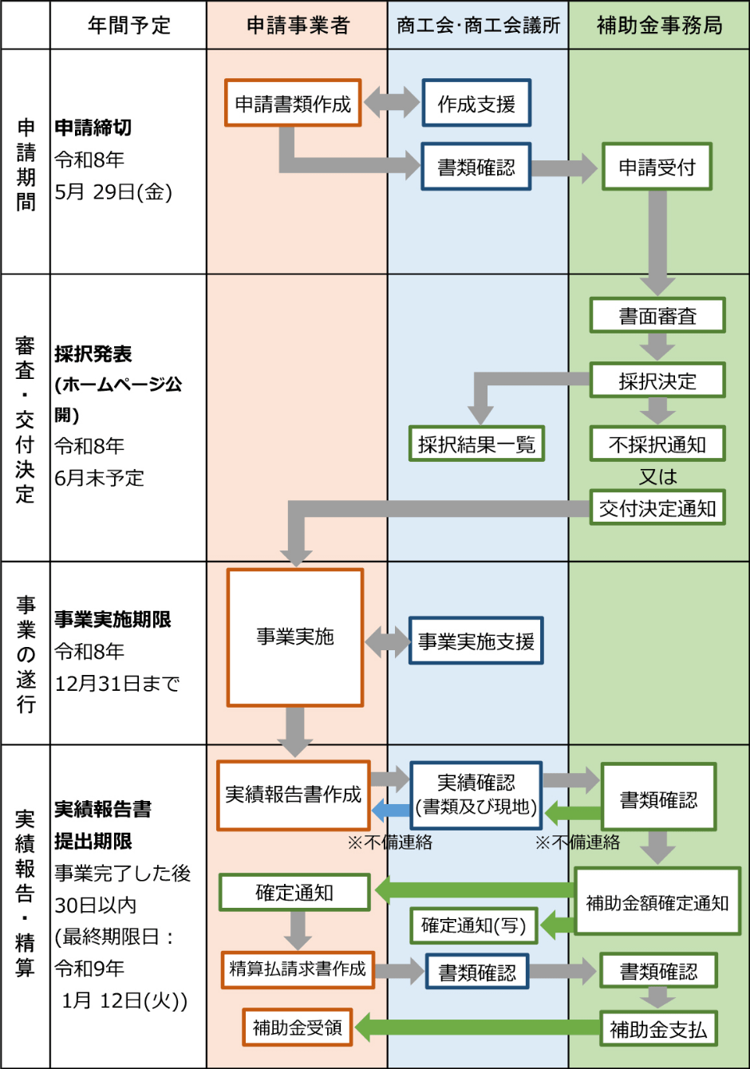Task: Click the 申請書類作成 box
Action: pyautogui.click(x=293, y=103)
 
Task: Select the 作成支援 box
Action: pyautogui.click(x=476, y=103)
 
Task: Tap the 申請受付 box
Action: pyautogui.click(x=657, y=167)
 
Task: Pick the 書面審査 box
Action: pyautogui.click(x=657, y=316)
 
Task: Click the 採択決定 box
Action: pyautogui.click(x=657, y=381)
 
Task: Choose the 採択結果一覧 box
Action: pyautogui.click(x=476, y=444)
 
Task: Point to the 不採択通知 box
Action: pyautogui.click(x=657, y=444)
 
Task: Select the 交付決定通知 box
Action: pyautogui.click(x=657, y=507)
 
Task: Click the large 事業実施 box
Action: pyautogui.click(x=295, y=637)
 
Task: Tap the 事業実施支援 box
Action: pyautogui.click(x=476, y=641)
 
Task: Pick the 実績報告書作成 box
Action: pyautogui.click(x=294, y=795)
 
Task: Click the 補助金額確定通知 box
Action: pyautogui.click(x=657, y=901)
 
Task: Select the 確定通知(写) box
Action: pyautogui.click(x=474, y=925)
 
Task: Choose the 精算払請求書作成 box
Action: pyautogui.click(x=298, y=969)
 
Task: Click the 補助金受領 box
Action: pyautogui.click(x=298, y=1028)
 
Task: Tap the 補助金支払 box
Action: pyautogui.click(x=658, y=1029)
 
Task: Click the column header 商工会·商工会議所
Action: pyautogui.click(x=478, y=26)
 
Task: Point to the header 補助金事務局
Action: pyautogui.click(x=659, y=26)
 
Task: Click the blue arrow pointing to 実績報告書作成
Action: pyautogui.click(x=392, y=810)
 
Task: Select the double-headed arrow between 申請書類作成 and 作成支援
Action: pyautogui.click(x=392, y=103)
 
